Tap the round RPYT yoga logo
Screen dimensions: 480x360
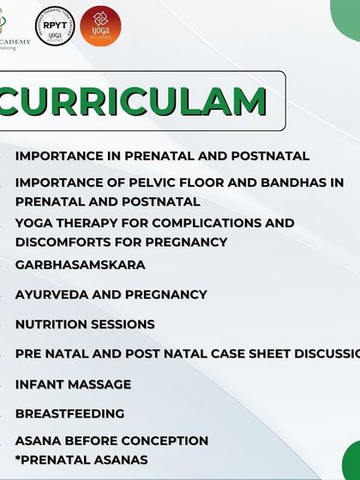coord(54,26)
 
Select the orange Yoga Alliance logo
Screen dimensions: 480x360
coord(100,26)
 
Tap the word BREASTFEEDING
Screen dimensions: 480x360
coord(69,413)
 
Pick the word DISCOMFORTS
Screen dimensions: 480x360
coord(63,242)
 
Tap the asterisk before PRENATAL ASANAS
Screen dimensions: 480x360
coord(18,459)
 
